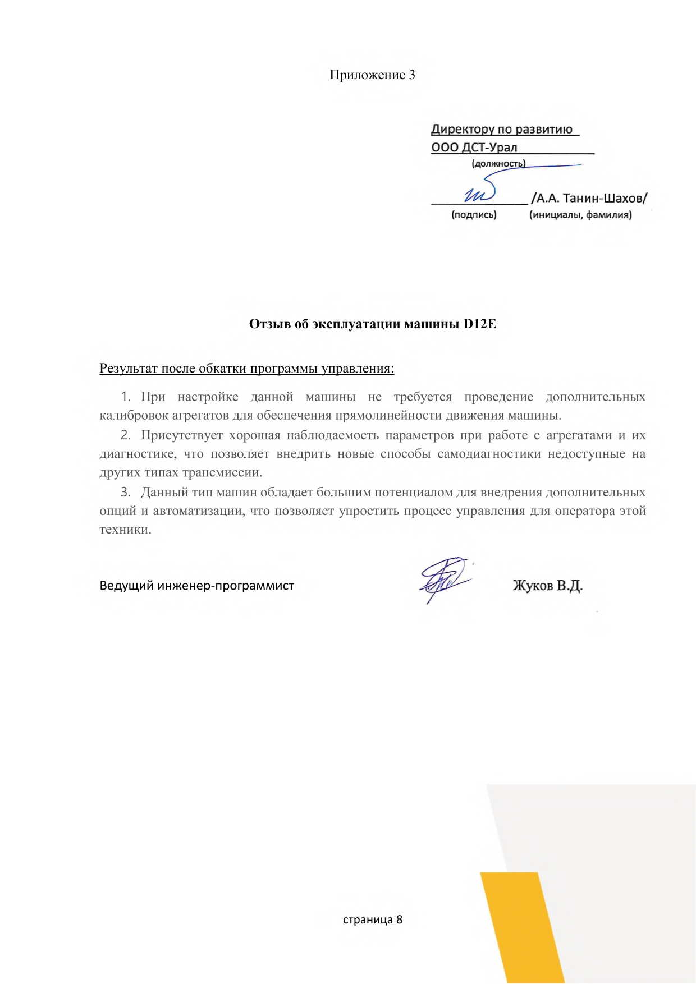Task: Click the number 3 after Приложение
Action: click(411, 75)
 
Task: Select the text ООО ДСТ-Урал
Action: click(474, 148)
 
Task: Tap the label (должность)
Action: click(498, 164)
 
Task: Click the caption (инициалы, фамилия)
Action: click(580, 215)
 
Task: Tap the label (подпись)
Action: click(474, 215)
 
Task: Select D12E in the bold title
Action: click(479, 324)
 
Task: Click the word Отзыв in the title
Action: click(270, 324)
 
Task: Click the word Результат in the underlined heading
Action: click(129, 369)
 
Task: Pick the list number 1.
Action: click(125, 397)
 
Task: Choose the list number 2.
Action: click(125, 435)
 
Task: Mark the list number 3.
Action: click(125, 493)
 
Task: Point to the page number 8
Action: click(399, 919)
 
